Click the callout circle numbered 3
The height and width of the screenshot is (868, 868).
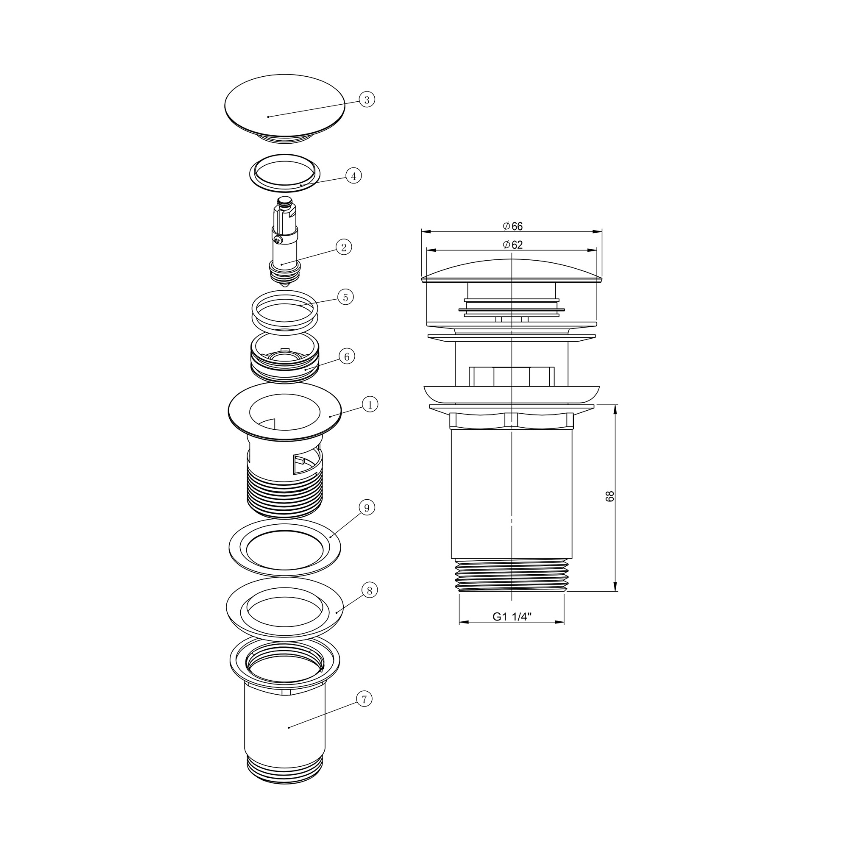tap(367, 100)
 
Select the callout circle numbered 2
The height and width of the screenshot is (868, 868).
tap(344, 247)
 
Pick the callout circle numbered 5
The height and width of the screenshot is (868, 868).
tap(345, 297)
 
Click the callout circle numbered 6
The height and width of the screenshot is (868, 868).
tap(346, 357)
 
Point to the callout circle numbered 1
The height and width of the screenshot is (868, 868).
tap(370, 405)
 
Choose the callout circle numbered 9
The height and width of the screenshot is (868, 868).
tap(367, 508)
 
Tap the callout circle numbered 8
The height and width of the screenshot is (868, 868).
tap(369, 590)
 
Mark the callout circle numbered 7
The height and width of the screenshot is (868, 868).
tap(364, 699)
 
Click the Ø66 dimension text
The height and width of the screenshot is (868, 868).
tap(513, 226)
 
